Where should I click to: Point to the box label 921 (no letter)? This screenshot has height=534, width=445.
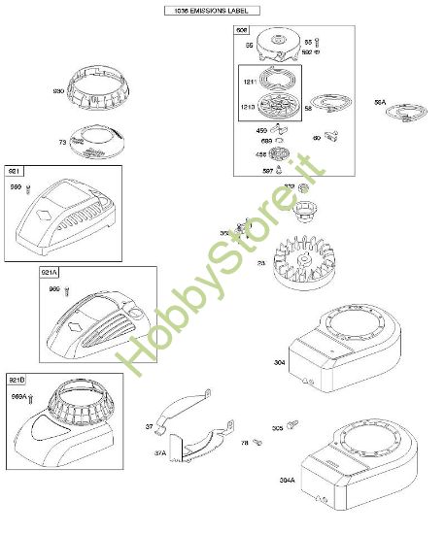tap(16, 171)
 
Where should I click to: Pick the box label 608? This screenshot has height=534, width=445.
tap(242, 32)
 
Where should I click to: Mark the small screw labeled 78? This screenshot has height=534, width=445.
tap(257, 443)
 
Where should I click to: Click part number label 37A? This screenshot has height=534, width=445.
tap(160, 452)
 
